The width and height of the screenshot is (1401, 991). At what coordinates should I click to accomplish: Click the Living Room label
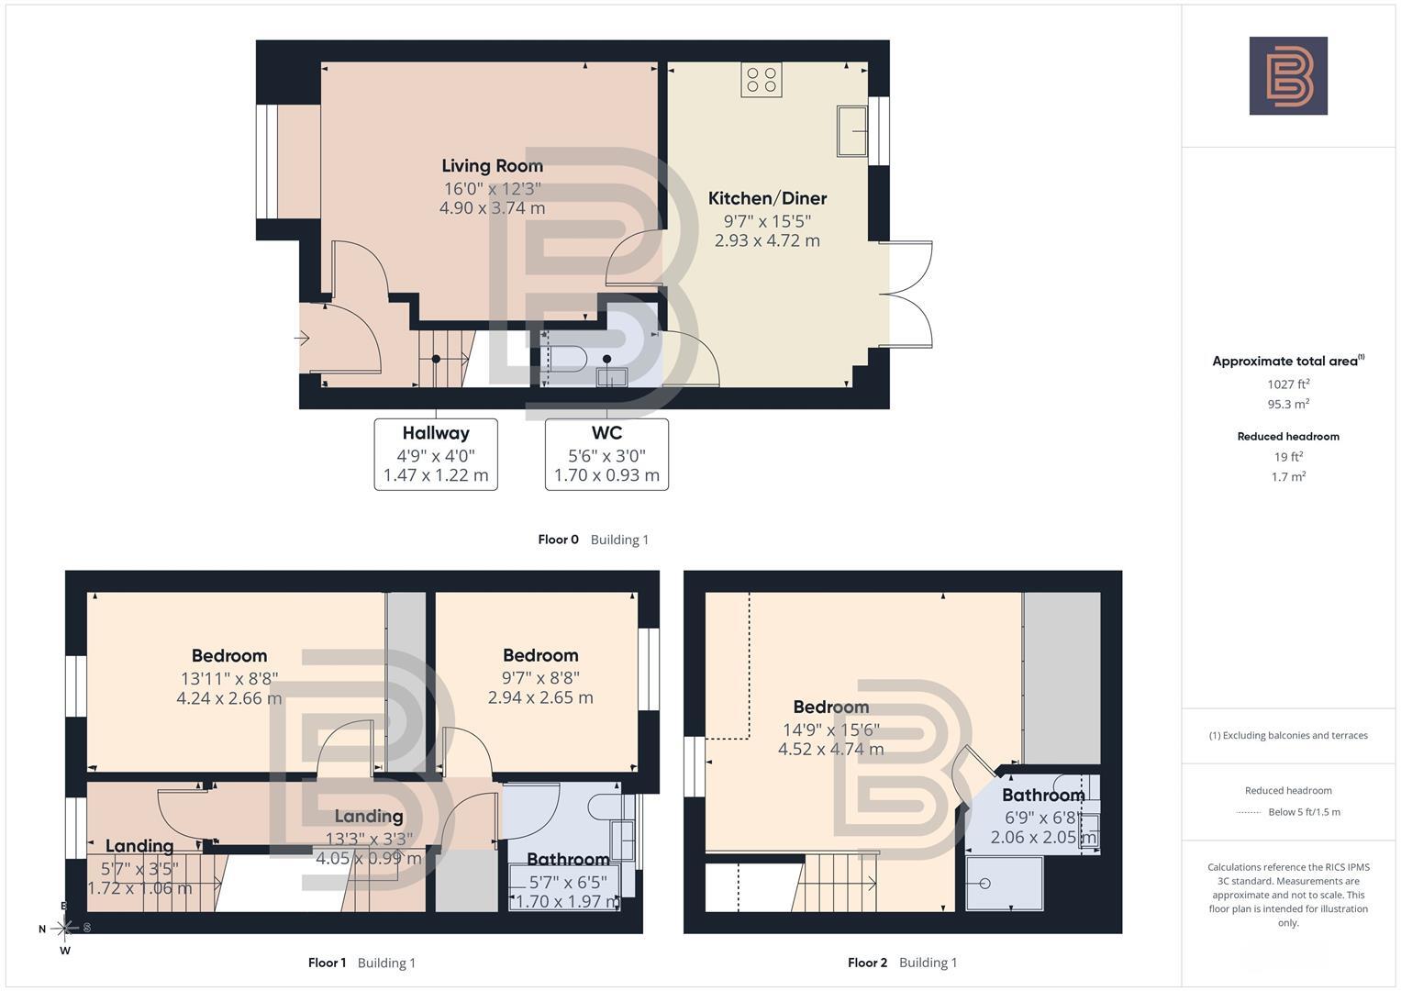pyautogui.click(x=492, y=166)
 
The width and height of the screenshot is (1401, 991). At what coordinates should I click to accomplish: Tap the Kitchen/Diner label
pyautogui.click(x=767, y=198)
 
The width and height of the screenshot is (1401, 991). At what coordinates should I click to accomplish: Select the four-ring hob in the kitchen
pyautogui.click(x=762, y=80)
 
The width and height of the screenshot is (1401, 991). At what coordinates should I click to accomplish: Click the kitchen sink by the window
pyautogui.click(x=851, y=130)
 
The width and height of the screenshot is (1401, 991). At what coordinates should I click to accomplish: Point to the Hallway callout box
pyautogui.click(x=436, y=454)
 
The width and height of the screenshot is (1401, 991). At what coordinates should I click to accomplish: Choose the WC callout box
pyautogui.click(x=606, y=454)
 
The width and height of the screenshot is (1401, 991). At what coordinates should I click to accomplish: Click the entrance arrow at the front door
pyautogui.click(x=302, y=339)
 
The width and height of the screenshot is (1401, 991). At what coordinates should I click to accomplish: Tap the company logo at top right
pyautogui.click(x=1288, y=75)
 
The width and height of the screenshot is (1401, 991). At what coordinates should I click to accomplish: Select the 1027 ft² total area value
pyautogui.click(x=1288, y=384)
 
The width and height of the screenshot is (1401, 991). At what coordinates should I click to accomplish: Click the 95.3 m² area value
pyautogui.click(x=1288, y=404)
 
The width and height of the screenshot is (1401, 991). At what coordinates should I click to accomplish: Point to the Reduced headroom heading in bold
pyautogui.click(x=1288, y=437)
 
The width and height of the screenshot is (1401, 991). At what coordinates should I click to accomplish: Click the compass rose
pyautogui.click(x=64, y=928)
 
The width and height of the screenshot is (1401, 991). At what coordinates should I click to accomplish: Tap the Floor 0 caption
pyautogui.click(x=559, y=540)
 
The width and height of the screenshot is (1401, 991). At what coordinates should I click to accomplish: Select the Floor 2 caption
pyautogui.click(x=868, y=963)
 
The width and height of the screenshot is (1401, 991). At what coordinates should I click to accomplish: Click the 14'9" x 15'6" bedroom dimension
pyautogui.click(x=831, y=729)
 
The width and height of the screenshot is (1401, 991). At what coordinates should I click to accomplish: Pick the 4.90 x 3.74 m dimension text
pyautogui.click(x=492, y=207)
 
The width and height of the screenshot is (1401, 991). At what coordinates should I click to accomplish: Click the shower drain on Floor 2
pyautogui.click(x=985, y=884)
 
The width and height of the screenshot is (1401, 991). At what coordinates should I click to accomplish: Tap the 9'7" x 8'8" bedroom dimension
pyautogui.click(x=540, y=677)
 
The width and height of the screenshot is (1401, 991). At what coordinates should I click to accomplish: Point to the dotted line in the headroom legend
pyautogui.click(x=1249, y=812)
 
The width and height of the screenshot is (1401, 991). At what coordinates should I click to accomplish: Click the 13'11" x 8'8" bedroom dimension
pyautogui.click(x=229, y=678)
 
